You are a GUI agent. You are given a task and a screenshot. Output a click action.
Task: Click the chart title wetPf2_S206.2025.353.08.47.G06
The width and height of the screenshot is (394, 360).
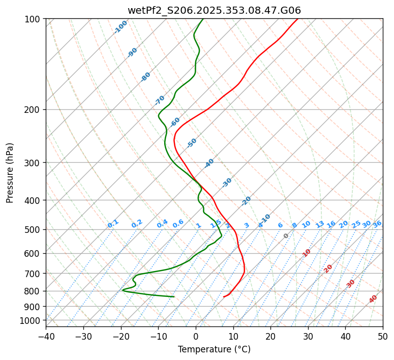coord(214,10)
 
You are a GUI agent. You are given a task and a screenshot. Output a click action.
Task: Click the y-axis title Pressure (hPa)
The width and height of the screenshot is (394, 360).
coord(10,172)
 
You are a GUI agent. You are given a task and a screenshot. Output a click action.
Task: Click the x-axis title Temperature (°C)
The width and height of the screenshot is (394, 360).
coord(214,350)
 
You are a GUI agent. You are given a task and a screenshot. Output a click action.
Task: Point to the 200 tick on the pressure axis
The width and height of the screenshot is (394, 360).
coord(34,109)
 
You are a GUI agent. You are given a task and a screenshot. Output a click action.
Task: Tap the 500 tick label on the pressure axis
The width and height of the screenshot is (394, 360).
coord(34,229)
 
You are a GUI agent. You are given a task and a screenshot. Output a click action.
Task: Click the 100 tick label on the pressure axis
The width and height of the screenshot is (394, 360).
coord(34,19)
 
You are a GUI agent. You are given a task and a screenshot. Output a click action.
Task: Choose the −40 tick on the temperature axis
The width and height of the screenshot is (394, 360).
coord(46,337)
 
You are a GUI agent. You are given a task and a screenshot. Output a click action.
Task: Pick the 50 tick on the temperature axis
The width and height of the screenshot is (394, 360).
coord(383,337)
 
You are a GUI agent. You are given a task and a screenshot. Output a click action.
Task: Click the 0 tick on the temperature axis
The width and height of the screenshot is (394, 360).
coord(196,337)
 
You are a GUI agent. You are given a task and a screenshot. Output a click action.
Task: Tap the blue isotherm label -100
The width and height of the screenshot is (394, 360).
coord(120,27)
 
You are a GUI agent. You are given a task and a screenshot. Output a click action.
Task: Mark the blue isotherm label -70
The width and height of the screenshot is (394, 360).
coord(160,100)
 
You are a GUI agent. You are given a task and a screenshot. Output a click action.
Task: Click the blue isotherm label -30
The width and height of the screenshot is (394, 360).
coord(227,183)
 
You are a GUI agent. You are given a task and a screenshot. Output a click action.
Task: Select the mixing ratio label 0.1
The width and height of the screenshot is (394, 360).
coord(113,224)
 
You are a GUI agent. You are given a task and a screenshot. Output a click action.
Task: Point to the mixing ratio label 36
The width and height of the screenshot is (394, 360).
coord(377,224)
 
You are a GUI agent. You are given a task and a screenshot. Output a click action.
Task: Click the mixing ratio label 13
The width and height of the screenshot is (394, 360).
coord(320,224)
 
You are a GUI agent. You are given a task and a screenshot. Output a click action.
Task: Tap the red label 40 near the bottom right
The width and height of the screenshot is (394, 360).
coord(373,299)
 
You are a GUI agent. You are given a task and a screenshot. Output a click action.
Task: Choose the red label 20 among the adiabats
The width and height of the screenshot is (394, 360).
coord(328,268)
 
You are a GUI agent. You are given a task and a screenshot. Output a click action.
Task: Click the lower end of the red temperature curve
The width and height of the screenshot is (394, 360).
coord(224,296)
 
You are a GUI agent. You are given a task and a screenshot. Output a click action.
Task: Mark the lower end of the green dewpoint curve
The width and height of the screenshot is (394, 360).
coord(174,296)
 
